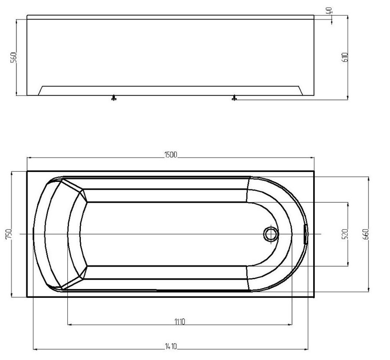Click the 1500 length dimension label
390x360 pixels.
click(x=171, y=155)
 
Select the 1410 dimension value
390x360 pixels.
click(x=171, y=346)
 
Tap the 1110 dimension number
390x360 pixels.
click(x=179, y=322)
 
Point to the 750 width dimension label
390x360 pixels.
click(x=9, y=234)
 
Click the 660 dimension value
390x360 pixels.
click(x=366, y=234)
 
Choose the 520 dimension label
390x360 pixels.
click(x=345, y=234)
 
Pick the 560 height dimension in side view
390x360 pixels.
click(x=14, y=57)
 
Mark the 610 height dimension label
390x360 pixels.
click(x=345, y=57)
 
